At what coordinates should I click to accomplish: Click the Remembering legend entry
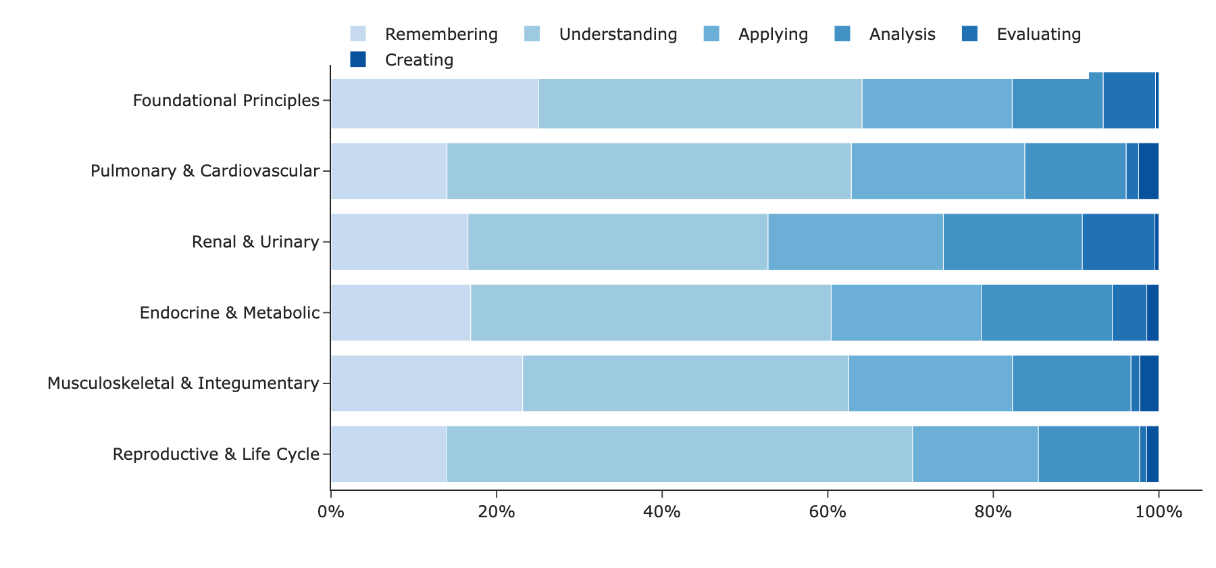click(424, 34)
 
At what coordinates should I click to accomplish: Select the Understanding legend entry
click(601, 34)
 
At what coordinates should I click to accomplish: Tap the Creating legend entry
click(402, 60)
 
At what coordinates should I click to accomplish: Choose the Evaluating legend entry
click(1021, 34)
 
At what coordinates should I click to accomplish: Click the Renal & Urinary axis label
click(255, 241)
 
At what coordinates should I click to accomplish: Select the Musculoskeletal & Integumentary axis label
click(183, 383)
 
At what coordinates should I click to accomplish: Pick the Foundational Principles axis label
click(226, 100)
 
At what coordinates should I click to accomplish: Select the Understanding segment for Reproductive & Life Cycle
click(679, 454)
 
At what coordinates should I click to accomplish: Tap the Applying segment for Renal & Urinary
click(855, 241)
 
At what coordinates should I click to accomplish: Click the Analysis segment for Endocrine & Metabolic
click(1046, 312)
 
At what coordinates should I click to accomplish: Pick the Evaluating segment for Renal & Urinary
click(1118, 241)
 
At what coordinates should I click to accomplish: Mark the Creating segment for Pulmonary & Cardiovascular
click(1148, 171)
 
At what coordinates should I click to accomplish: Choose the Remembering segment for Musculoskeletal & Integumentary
click(427, 383)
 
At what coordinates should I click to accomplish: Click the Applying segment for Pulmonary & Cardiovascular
click(938, 171)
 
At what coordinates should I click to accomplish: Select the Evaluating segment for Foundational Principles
click(1129, 100)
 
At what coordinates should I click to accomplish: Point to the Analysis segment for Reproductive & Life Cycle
click(1089, 454)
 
